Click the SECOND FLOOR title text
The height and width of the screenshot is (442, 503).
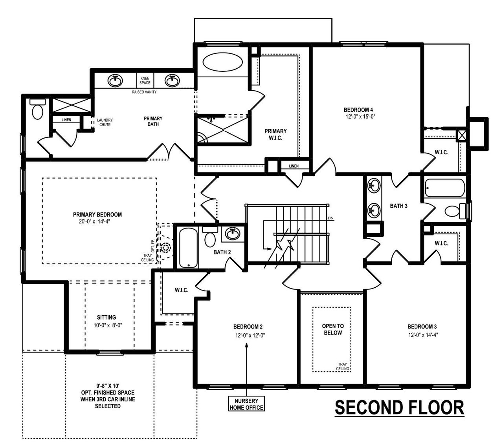pyautogui.click(x=399, y=408)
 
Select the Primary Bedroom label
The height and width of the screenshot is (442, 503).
pyautogui.click(x=97, y=215)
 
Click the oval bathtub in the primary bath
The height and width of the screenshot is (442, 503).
pyautogui.click(x=223, y=62)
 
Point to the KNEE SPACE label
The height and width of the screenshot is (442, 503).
pyautogui.click(x=145, y=80)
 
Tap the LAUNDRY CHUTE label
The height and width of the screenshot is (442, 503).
pyautogui.click(x=105, y=122)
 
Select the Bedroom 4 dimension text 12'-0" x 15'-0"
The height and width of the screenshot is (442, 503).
pyautogui.click(x=358, y=117)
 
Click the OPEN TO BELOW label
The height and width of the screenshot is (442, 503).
pyautogui.click(x=332, y=329)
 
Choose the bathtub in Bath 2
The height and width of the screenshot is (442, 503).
pyautogui.click(x=188, y=248)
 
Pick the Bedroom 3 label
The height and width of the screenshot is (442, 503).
pyautogui.click(x=422, y=327)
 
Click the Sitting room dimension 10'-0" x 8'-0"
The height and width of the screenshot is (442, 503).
pyautogui.click(x=106, y=325)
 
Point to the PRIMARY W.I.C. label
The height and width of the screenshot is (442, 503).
pyautogui.click(x=275, y=134)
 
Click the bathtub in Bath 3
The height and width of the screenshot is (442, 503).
pyautogui.click(x=444, y=188)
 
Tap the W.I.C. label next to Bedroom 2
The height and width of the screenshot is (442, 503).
pyautogui.click(x=182, y=290)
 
